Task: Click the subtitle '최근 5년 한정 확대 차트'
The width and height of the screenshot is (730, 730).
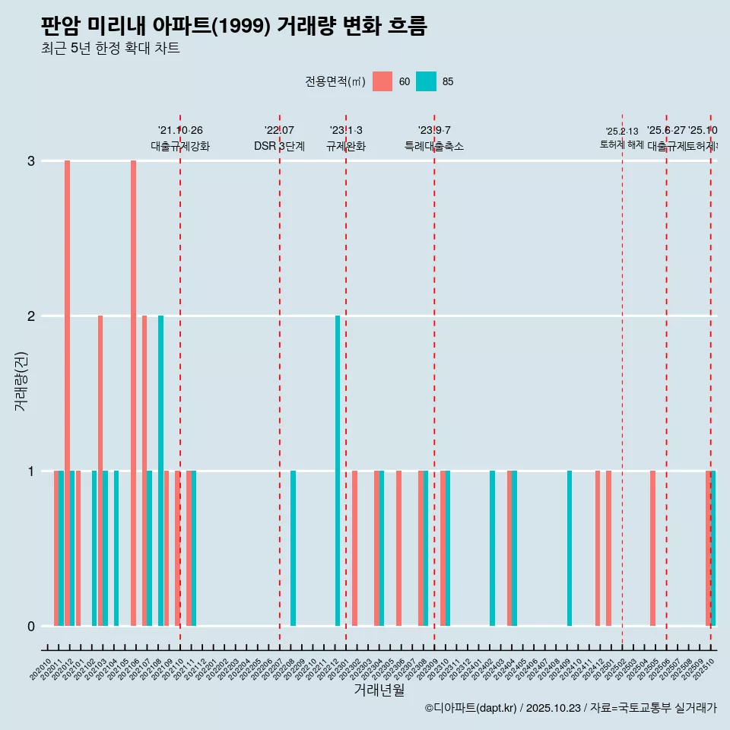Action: pyautogui.click(x=110, y=49)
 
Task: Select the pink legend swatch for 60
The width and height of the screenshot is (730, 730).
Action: pyautogui.click(x=382, y=81)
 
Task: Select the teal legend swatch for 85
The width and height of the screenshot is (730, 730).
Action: pyautogui.click(x=427, y=81)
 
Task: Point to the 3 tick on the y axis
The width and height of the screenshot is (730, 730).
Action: pyautogui.click(x=31, y=160)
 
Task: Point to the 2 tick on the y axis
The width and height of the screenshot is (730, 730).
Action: pyautogui.click(x=31, y=316)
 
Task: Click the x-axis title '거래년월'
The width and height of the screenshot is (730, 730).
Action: pyautogui.click(x=379, y=690)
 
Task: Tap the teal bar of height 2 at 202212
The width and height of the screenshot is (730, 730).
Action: pyautogui.click(x=338, y=471)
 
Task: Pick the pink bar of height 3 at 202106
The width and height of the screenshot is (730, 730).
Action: pyautogui.click(x=133, y=393)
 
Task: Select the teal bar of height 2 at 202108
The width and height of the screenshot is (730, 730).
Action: pyautogui.click(x=160, y=471)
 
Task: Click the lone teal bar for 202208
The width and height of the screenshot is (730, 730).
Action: pyautogui.click(x=294, y=548)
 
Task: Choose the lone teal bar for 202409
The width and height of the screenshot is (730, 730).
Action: pyautogui.click(x=570, y=548)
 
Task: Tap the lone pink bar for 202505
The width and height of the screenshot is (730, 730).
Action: pyautogui.click(x=652, y=548)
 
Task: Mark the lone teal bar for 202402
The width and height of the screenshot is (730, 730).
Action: pyautogui.click(x=492, y=548)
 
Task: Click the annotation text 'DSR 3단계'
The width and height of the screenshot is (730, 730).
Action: pyautogui.click(x=279, y=146)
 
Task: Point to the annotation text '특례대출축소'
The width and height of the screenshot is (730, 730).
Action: pyautogui.click(x=433, y=146)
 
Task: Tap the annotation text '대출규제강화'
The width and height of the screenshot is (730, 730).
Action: pyautogui.click(x=180, y=146)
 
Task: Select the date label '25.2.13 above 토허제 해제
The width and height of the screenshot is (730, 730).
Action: pyautogui.click(x=622, y=132)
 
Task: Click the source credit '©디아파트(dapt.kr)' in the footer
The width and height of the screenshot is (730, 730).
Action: pyautogui.click(x=471, y=708)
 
